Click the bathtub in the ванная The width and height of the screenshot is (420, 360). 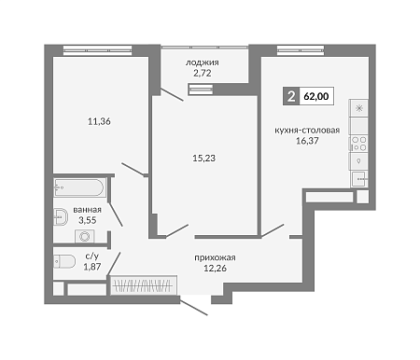[80, 187]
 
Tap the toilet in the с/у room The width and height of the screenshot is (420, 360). [64, 261]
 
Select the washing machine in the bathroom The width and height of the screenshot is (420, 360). [85, 237]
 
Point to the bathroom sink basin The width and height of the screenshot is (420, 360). [61, 216]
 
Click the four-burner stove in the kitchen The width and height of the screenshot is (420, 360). [358, 144]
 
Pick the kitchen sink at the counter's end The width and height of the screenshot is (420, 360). [359, 179]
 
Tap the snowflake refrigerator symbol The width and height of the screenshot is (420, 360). [359, 108]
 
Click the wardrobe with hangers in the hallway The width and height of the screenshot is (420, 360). [144, 285]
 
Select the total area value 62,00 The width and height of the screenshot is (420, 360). [316, 96]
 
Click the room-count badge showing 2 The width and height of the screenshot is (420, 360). [291, 96]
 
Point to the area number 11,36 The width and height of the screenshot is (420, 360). [99, 121]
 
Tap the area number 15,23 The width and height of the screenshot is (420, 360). [204, 159]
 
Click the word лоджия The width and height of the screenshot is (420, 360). [203, 62]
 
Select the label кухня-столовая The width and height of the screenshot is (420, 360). [307, 131]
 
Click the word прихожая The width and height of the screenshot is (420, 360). [215, 257]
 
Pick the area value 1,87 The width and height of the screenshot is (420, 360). [92, 267]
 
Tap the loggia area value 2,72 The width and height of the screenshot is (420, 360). [203, 74]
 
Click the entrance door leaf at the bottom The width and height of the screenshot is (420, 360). [193, 308]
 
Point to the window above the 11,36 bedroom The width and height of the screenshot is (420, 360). [97, 50]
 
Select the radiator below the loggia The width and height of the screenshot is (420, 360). [201, 90]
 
